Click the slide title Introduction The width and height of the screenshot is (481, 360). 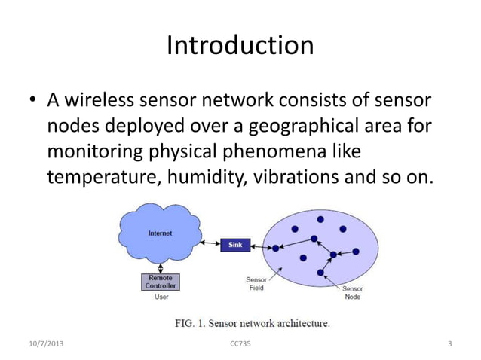pos(240,46)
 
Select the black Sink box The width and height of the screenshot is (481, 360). pos(234,246)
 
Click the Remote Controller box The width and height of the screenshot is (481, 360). pos(159,282)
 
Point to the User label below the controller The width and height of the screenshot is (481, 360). pos(161,297)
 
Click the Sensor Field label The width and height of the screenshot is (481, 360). pos(256,283)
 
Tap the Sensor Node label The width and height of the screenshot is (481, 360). pos(353,292)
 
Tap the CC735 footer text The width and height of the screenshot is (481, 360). pos(239,345)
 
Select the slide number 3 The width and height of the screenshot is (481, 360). pos(449,345)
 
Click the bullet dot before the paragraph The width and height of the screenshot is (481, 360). pos(33,101)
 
